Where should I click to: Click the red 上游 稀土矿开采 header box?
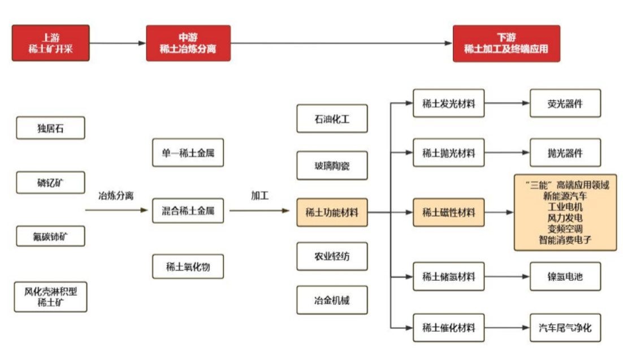[x=51, y=43]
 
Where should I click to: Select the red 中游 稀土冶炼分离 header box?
[x=188, y=43]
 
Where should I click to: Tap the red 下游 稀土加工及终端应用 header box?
[x=506, y=43]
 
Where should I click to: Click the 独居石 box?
[x=51, y=128]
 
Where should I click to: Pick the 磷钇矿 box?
[x=51, y=183]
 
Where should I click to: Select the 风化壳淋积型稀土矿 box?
[x=51, y=297]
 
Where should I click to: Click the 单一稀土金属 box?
[x=188, y=153]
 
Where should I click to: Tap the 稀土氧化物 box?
[x=188, y=266]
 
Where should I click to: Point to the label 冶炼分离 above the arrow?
[x=116, y=196]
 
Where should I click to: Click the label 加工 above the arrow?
[x=260, y=196]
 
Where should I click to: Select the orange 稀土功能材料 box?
[x=332, y=212]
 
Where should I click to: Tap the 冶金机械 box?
[x=332, y=300]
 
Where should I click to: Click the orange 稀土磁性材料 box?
[x=449, y=212]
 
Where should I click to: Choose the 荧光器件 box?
[x=565, y=103]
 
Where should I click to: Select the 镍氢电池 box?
[x=565, y=276]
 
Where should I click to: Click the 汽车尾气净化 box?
[x=565, y=327]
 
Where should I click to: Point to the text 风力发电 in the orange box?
[x=565, y=218]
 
